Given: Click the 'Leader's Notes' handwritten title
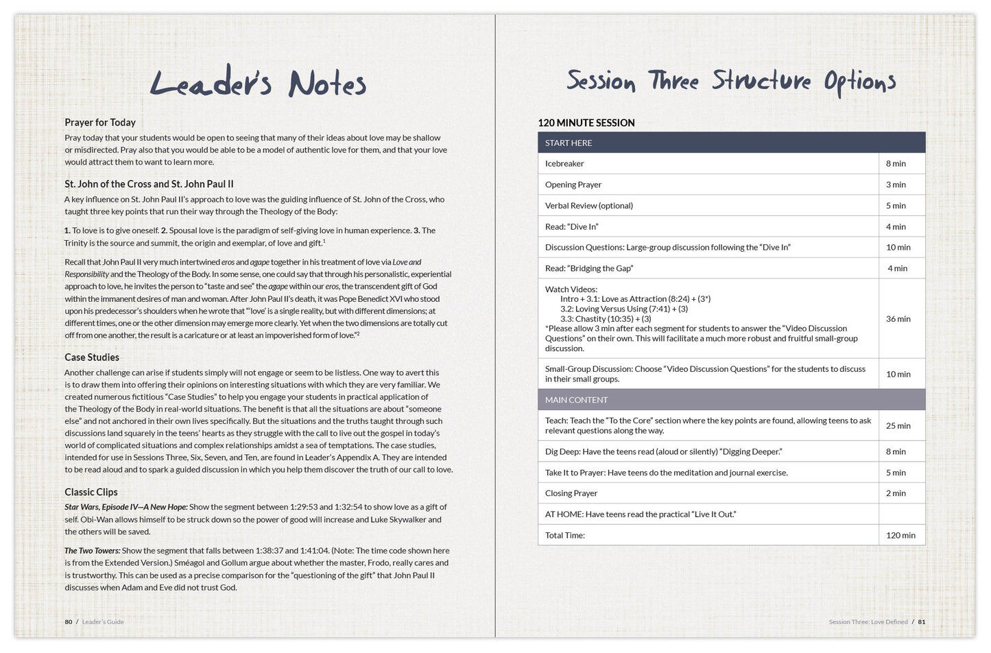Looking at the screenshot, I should click(x=258, y=84).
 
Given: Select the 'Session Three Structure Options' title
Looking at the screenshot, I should click(x=731, y=82).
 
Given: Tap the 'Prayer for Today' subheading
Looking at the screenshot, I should click(x=100, y=122).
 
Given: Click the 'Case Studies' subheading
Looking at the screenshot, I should click(x=92, y=357).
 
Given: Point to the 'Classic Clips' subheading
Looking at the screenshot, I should click(x=91, y=492).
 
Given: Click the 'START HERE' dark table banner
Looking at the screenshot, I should click(x=731, y=143).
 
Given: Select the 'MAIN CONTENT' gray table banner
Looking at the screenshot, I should click(x=731, y=400).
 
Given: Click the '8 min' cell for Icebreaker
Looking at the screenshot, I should click(x=896, y=164).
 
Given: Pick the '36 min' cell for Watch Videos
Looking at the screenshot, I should click(x=898, y=319).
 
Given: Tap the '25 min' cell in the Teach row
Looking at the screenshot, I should click(x=898, y=426).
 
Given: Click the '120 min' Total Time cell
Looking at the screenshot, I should click(x=900, y=536).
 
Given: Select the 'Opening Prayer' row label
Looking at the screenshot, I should click(x=573, y=185).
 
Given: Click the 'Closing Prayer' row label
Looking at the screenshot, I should click(x=571, y=493).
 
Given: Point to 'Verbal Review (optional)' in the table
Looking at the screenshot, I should click(x=589, y=206).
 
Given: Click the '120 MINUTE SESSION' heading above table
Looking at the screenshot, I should click(x=586, y=123).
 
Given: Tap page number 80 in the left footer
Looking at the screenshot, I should click(x=68, y=622).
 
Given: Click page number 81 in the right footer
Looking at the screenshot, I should click(x=922, y=622).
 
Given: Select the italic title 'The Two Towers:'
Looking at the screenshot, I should click(x=93, y=551).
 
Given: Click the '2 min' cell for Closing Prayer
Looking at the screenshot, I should click(x=896, y=493).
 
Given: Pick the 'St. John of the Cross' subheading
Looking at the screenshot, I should click(x=149, y=184).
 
